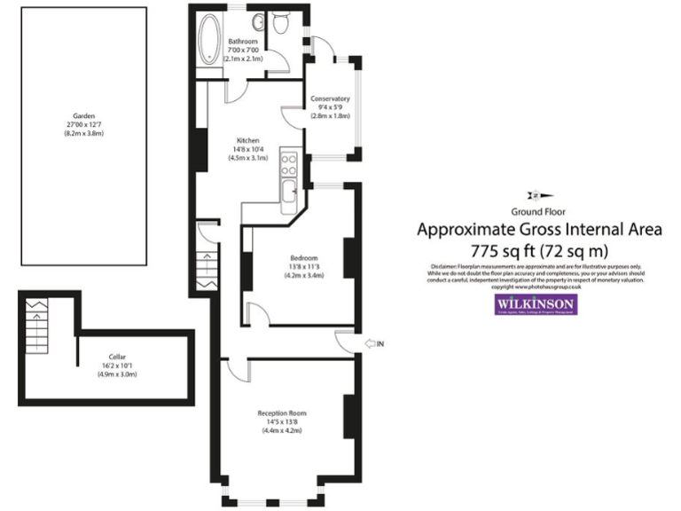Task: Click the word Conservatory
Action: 330,98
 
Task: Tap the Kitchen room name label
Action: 248,139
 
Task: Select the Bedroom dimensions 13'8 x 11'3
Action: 304,267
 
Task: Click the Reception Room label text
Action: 282,413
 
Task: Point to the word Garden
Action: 84,116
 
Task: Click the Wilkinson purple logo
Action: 535,304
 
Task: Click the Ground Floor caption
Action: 539,211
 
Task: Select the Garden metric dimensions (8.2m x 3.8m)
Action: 84,133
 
